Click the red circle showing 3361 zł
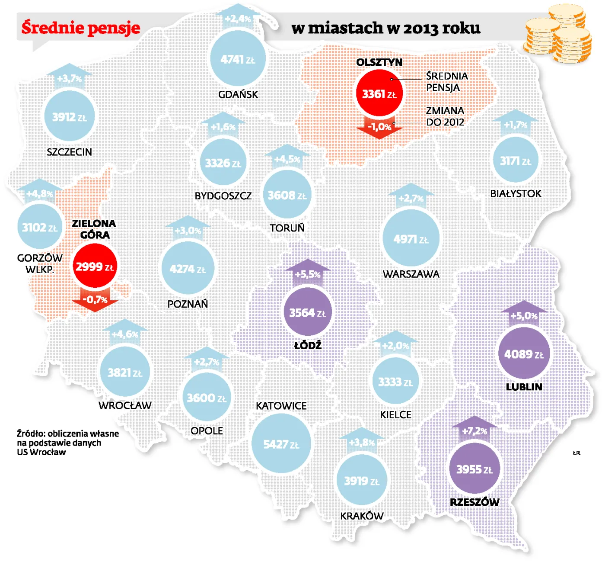(379, 94)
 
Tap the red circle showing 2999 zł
(95, 267)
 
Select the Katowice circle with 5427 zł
(281, 444)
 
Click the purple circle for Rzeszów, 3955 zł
(474, 469)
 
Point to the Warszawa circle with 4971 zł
(411, 239)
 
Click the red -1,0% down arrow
(379, 127)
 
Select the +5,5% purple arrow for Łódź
(308, 273)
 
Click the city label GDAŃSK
(238, 94)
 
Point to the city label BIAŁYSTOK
(516, 193)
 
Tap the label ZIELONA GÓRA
(94, 229)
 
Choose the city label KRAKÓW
(362, 516)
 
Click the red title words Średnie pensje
(81, 28)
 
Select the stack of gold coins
(557, 35)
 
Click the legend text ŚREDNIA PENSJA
(446, 82)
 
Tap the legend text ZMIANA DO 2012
(445, 116)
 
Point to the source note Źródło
(68, 443)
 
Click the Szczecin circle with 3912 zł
(70, 117)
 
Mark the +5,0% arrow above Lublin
(524, 315)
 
